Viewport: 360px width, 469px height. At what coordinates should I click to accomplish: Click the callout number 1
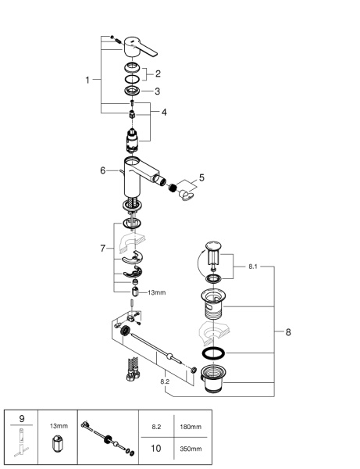(88, 80)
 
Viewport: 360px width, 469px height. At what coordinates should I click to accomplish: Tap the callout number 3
(157, 91)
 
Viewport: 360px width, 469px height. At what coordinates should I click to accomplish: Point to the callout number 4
(163, 113)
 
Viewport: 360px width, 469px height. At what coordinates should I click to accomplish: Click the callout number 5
(201, 177)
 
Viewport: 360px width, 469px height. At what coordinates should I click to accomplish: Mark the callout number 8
(288, 332)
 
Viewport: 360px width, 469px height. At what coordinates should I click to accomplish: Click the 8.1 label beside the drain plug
(252, 267)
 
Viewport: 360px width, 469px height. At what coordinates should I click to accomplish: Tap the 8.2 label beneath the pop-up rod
(165, 381)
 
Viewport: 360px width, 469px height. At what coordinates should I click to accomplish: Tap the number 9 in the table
(21, 418)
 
